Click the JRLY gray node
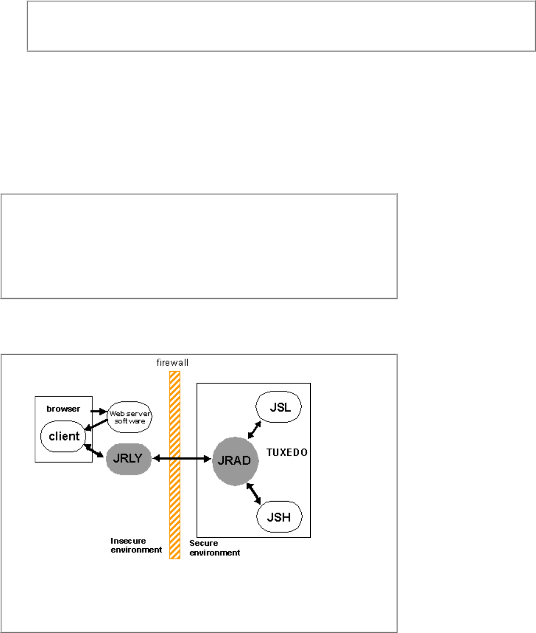tap(128, 459)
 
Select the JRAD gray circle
tap(235, 461)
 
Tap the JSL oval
tap(279, 407)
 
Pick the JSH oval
tap(279, 517)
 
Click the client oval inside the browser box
tap(64, 437)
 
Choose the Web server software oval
tap(129, 417)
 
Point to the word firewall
tap(172, 362)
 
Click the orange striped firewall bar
tap(175, 505)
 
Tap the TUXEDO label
tap(287, 452)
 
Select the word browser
tap(63, 409)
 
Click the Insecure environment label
tap(136, 545)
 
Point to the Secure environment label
tap(215, 548)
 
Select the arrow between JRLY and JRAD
tap(192, 459)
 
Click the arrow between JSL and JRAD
tap(254, 430)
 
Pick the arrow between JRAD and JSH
tap(254, 493)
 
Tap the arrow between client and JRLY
tap(94, 451)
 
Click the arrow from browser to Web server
tap(99, 412)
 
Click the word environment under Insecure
tap(136, 550)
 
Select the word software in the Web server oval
tap(129, 421)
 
